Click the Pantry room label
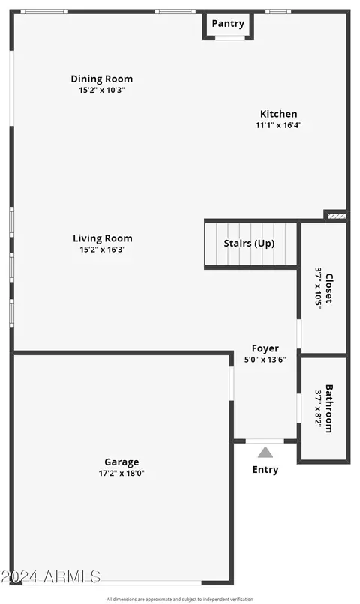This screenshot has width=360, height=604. tap(228, 24)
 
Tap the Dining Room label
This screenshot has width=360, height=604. tap(102, 79)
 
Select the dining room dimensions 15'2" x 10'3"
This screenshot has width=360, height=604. tap(102, 91)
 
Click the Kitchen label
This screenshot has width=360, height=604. tap(279, 114)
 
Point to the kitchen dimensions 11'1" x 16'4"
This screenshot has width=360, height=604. tap(279, 125)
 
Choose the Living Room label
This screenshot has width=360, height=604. tap(103, 238)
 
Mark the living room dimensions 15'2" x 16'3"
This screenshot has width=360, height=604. tap(103, 250)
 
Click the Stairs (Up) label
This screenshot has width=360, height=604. tap(250, 244)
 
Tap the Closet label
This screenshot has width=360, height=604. tap(329, 288)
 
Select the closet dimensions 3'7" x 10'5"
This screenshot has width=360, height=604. tap(318, 288)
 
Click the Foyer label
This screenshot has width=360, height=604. tap(265, 348)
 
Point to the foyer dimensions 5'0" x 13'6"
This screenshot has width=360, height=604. tap(265, 360)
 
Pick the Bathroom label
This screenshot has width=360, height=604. tap(329, 408)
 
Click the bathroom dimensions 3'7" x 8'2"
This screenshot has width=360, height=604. tap(318, 408)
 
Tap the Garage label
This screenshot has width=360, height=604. tap(121, 462)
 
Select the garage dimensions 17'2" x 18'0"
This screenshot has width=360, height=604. tap(121, 474)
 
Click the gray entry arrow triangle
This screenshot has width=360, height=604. tap(265, 453)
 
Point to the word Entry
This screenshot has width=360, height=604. tap(265, 470)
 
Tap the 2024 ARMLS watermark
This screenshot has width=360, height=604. tap(50, 577)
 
